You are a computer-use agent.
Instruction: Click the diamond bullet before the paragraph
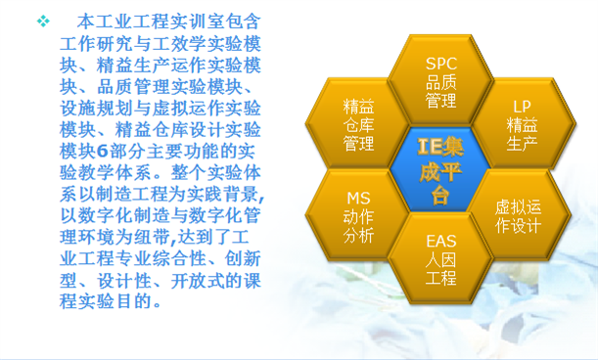[43, 21]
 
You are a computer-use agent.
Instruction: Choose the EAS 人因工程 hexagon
[441, 257]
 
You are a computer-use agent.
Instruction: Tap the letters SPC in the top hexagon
[441, 64]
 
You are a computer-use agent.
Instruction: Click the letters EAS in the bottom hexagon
[441, 240]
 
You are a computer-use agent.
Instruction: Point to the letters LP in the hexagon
[522, 107]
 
